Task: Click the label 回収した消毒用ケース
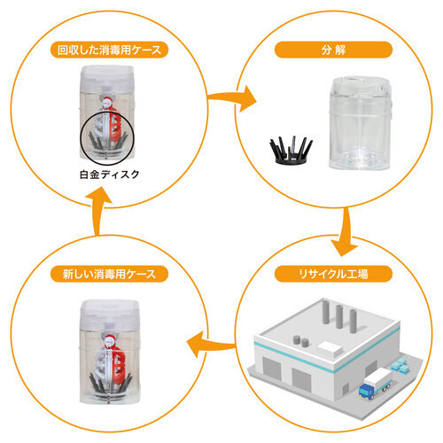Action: [109, 50]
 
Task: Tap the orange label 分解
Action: [333, 50]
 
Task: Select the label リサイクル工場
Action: [333, 274]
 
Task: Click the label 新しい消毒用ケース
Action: [109, 274]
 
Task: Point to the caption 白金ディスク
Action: [110, 175]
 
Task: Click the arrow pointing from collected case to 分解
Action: [232, 98]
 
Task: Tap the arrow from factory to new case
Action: [211, 345]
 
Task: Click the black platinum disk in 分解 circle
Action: [291, 150]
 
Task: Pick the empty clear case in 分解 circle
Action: [361, 123]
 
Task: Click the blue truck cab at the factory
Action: [367, 392]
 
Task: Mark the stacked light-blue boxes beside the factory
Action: [400, 365]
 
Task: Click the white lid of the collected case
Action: [108, 78]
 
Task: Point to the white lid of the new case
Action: [109, 314]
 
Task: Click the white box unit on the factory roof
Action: [330, 348]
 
